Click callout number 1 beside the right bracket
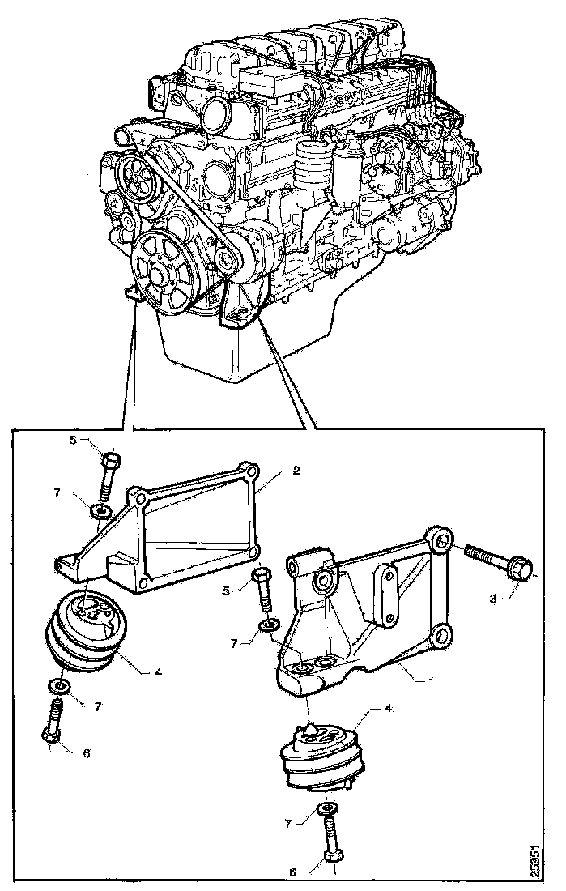432,681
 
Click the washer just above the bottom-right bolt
327,809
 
